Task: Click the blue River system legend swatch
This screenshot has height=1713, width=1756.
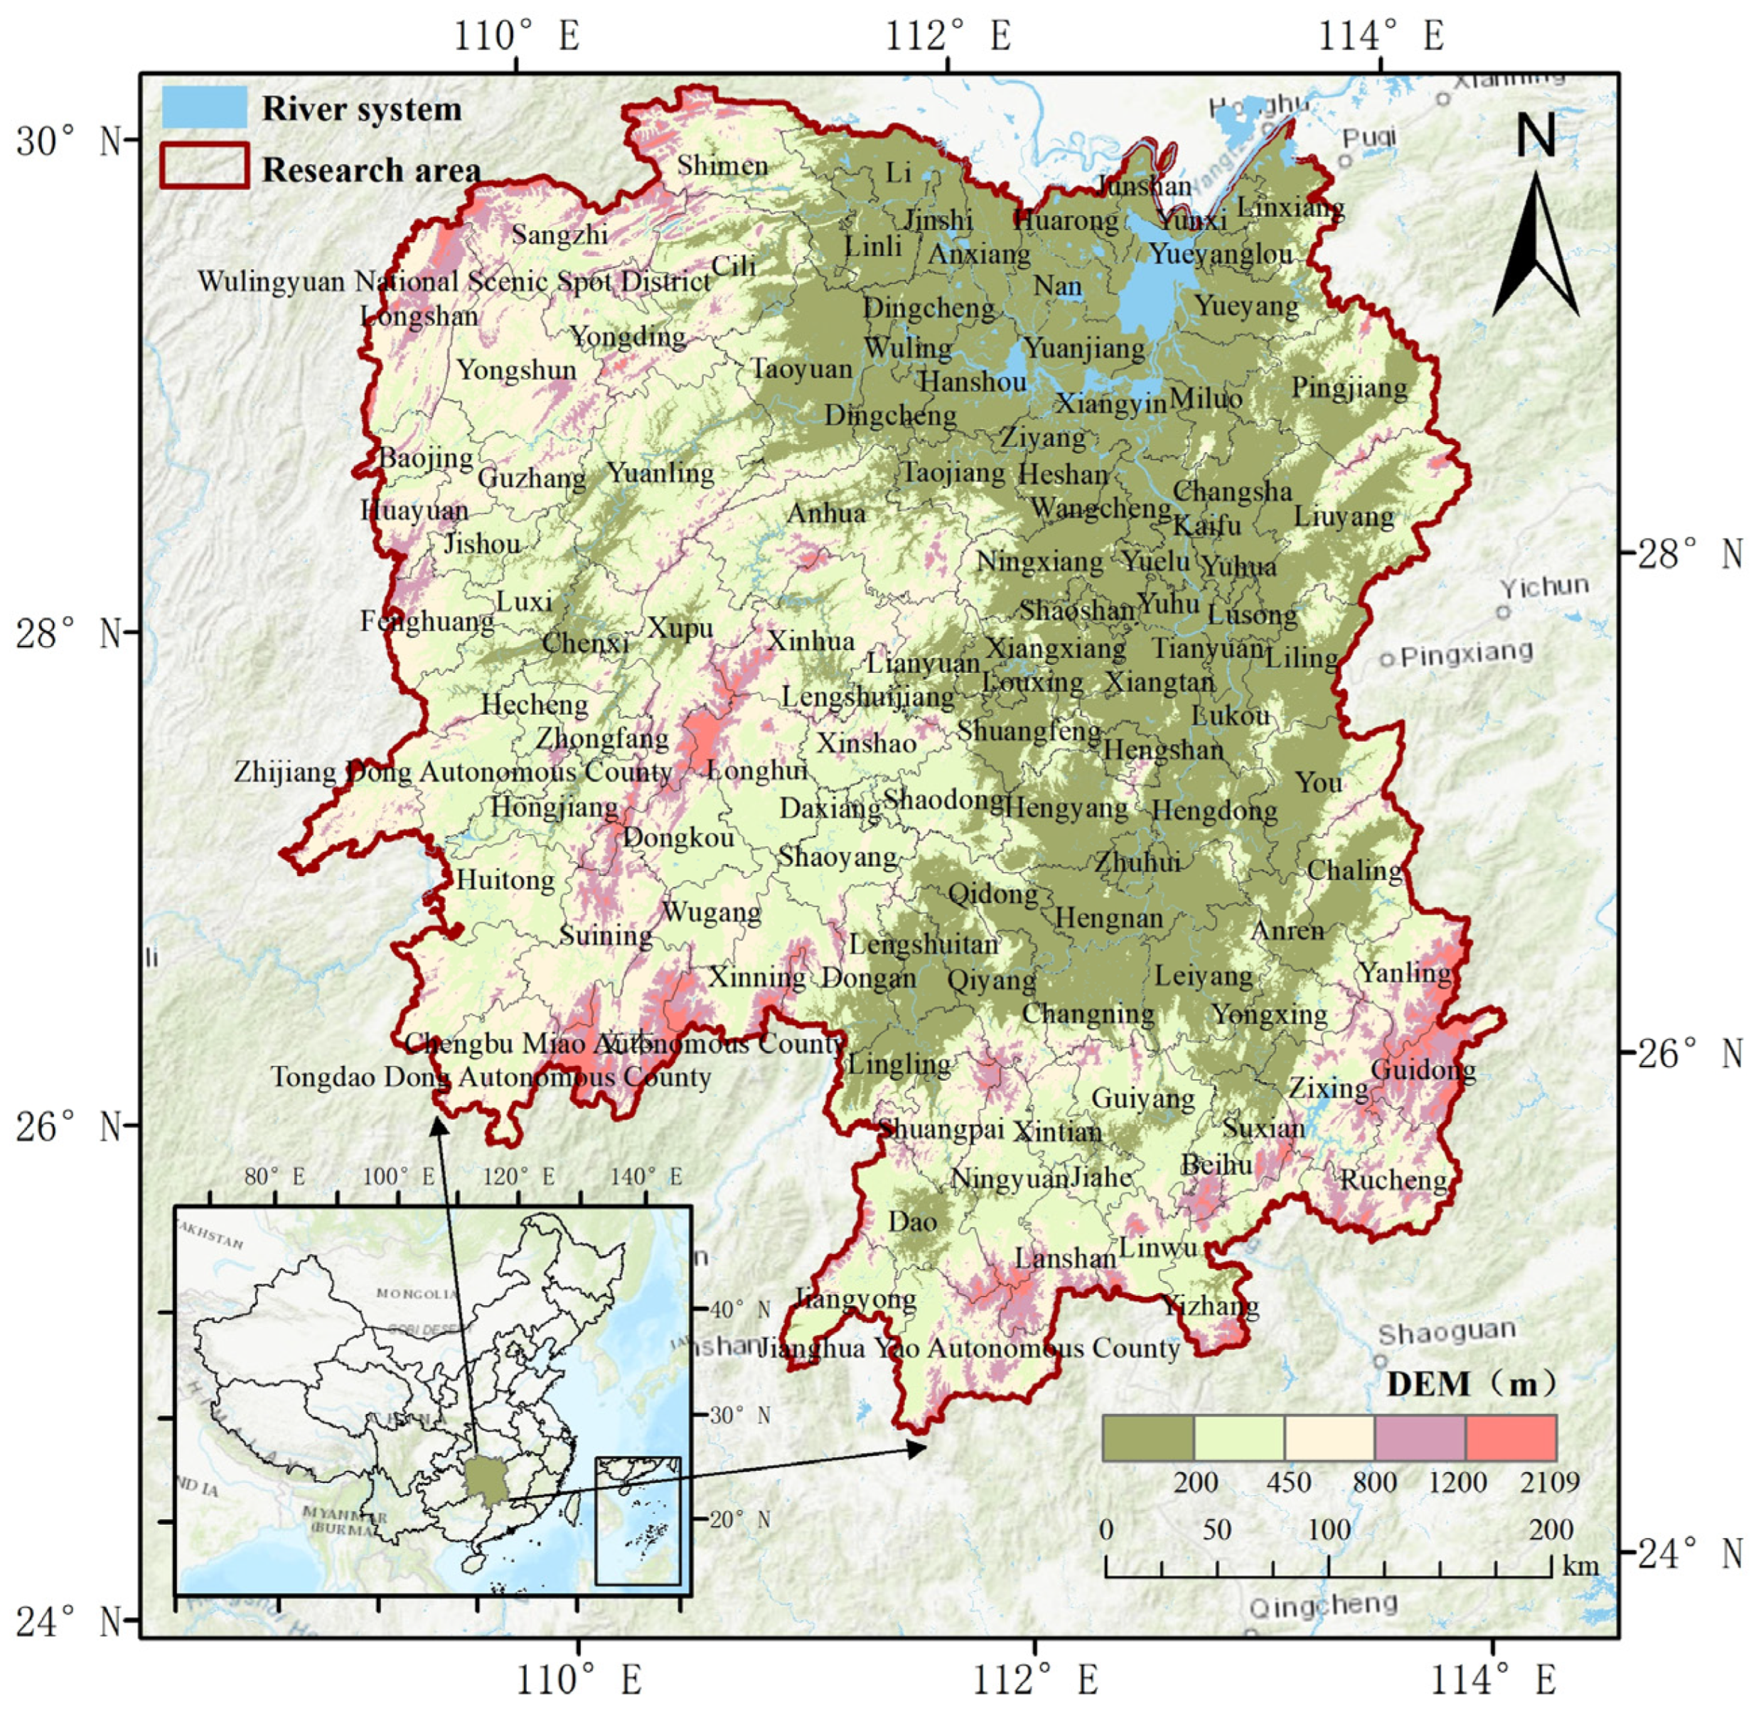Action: click(x=204, y=107)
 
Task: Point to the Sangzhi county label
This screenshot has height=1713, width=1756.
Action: click(x=560, y=234)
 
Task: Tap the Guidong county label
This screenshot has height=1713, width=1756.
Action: click(x=1423, y=1070)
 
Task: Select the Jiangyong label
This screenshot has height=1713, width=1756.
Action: click(x=855, y=1299)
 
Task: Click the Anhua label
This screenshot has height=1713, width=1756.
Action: click(x=825, y=513)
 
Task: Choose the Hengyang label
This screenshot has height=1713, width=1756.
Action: click(x=1066, y=808)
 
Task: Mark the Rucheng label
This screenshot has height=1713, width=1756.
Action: click(x=1394, y=1179)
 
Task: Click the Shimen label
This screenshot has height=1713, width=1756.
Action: click(x=723, y=166)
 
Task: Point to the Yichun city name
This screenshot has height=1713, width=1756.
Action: click(x=1543, y=588)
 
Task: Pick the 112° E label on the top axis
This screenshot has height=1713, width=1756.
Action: click(x=948, y=36)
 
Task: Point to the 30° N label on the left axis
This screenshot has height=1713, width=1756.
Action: click(x=69, y=141)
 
